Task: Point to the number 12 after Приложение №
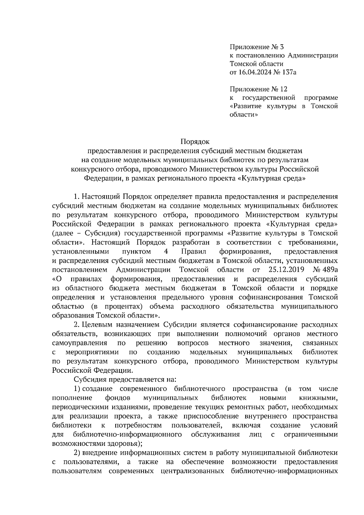click(283, 89)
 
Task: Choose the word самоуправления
click(79, 343)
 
